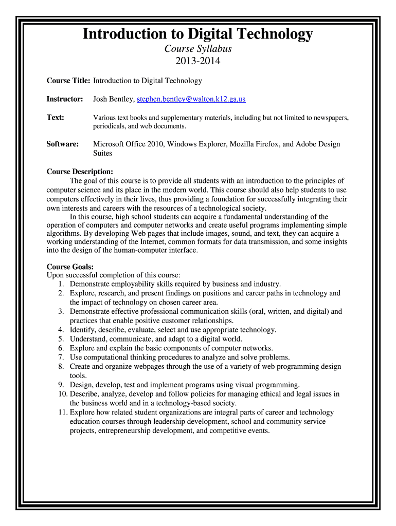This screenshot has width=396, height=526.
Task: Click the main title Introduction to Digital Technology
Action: point(198,34)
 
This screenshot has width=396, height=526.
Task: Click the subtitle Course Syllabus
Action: point(198,49)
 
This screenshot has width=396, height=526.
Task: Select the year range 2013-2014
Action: point(198,62)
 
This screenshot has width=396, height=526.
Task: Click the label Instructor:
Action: point(65,99)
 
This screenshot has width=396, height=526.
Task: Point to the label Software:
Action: point(63,144)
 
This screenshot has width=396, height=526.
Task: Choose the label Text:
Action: point(56,118)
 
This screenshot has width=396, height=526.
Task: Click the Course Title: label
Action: point(68,81)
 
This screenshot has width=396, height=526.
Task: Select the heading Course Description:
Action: point(80,172)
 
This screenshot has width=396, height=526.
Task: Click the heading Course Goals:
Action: point(70,267)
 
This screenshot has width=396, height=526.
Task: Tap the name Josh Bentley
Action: point(113,99)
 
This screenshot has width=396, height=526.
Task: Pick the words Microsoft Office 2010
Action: point(128,144)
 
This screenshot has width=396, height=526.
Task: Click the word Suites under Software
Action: point(102,153)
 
